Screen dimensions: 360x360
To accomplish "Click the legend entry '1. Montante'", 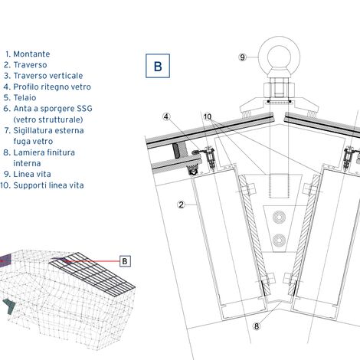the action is pos(28,54).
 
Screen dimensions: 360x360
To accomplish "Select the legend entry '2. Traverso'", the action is pos(25,65).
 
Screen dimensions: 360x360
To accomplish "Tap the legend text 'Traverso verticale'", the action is pos(48,76).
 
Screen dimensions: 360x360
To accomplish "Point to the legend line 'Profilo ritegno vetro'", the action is pos(52,87).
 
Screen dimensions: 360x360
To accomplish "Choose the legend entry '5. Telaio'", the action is pos(20,98).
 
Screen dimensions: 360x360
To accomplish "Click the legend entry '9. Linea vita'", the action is pos(28,175).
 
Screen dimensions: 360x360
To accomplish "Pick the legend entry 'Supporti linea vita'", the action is pos(48,185).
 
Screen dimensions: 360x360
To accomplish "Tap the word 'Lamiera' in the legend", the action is pos(28,152).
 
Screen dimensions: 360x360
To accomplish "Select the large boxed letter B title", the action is pos(158,66).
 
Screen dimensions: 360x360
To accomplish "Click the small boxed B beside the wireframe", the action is pos(125,261).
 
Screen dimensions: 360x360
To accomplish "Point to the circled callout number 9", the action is pos(242,57).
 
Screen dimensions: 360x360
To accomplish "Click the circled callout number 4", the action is pos(166,117).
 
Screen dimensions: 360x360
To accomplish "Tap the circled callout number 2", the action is pos(181,205).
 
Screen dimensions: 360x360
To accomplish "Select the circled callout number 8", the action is pos(257,326).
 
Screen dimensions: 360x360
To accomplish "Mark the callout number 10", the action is pos(208,116).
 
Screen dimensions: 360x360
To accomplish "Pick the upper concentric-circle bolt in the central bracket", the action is pos(279,218).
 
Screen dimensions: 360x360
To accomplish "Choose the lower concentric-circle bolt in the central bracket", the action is pos(279,241).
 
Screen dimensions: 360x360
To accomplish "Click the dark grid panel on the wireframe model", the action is pos(92,274).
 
